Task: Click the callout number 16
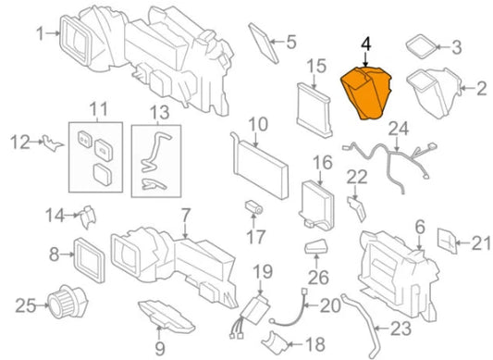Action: point(321,164)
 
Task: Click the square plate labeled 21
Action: point(447,242)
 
